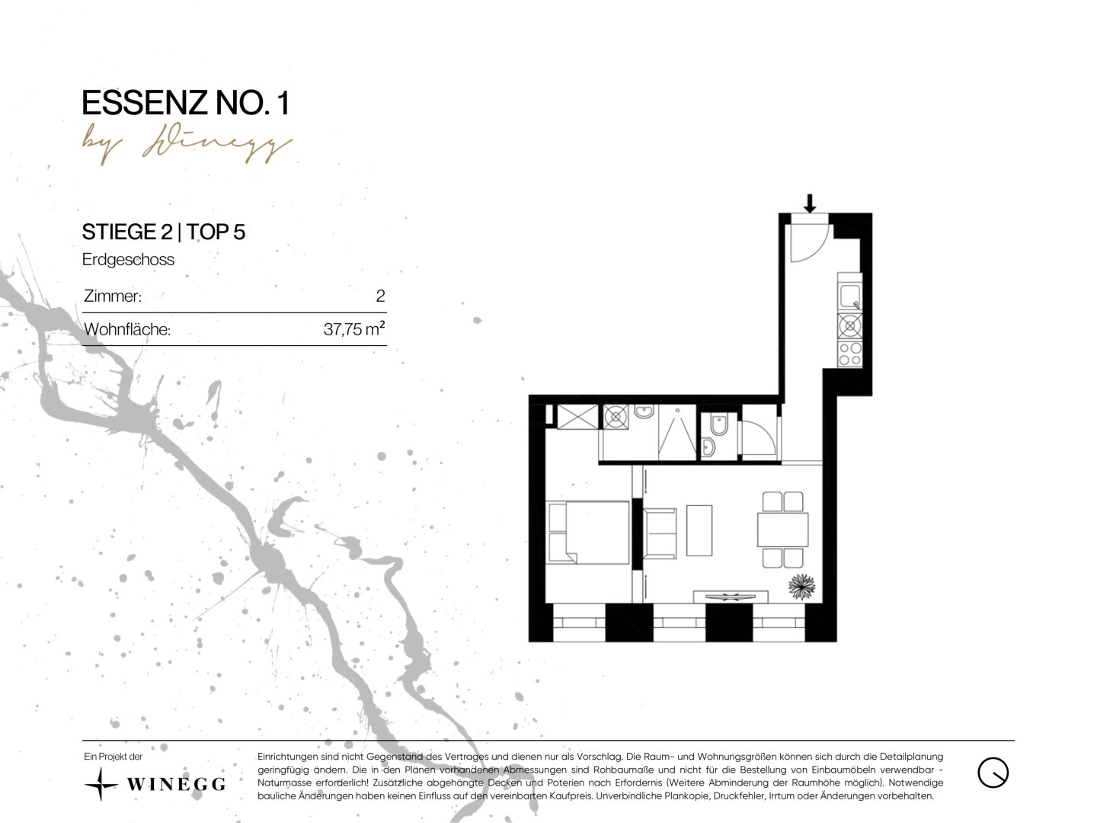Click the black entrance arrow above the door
tap(810, 203)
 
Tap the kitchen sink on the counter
tap(849, 296)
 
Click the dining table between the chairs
tap(782, 530)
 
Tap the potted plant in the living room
tap(802, 587)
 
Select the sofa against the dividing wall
tap(659, 533)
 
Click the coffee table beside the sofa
tap(699, 530)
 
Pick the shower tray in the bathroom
tap(677, 432)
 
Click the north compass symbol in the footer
tap(993, 772)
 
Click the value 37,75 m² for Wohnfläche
tap(353, 328)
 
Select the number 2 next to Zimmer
tap(380, 296)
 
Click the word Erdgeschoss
tap(128, 259)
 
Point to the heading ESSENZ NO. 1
tap(186, 103)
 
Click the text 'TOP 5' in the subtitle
tap(216, 232)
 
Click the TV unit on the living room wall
tap(731, 597)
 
